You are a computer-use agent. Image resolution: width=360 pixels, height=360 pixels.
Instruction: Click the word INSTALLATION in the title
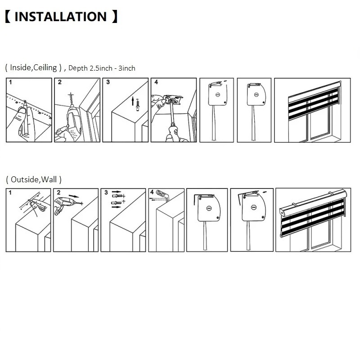pyautogui.click(x=61, y=17)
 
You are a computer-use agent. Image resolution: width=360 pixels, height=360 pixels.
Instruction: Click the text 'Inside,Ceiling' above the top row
pyautogui.click(x=33, y=67)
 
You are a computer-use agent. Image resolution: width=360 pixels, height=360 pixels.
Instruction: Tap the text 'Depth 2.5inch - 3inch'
pyautogui.click(x=102, y=68)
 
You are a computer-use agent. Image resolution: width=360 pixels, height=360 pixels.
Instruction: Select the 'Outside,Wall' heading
pyautogui.click(x=34, y=179)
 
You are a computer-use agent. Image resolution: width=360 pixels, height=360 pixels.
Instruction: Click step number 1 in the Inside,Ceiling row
pyautogui.click(x=10, y=82)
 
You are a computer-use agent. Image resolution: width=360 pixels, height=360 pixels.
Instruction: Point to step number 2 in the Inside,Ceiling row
pyautogui.click(x=60, y=82)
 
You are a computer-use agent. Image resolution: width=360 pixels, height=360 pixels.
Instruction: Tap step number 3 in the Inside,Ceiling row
pyautogui.click(x=108, y=82)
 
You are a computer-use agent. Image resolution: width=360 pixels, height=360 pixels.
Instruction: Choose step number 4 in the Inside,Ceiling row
pyautogui.click(x=156, y=82)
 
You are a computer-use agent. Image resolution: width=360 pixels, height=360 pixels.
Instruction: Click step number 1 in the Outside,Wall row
pyautogui.click(x=10, y=193)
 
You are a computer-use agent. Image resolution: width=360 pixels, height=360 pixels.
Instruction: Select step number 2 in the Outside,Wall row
pyautogui.click(x=58, y=193)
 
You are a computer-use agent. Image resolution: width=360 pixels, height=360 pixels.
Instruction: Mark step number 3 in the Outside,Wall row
pyautogui.click(x=106, y=193)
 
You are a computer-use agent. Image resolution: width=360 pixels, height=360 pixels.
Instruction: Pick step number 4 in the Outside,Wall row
pyautogui.click(x=152, y=192)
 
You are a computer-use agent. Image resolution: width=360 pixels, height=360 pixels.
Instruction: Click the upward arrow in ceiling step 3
pyautogui.click(x=133, y=101)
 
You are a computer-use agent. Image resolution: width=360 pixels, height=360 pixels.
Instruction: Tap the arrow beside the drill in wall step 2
pyautogui.click(x=74, y=196)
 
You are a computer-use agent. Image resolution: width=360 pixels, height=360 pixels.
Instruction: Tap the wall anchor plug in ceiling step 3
pyautogui.click(x=138, y=105)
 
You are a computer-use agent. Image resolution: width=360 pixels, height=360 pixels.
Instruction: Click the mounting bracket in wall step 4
pyautogui.click(x=162, y=195)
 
